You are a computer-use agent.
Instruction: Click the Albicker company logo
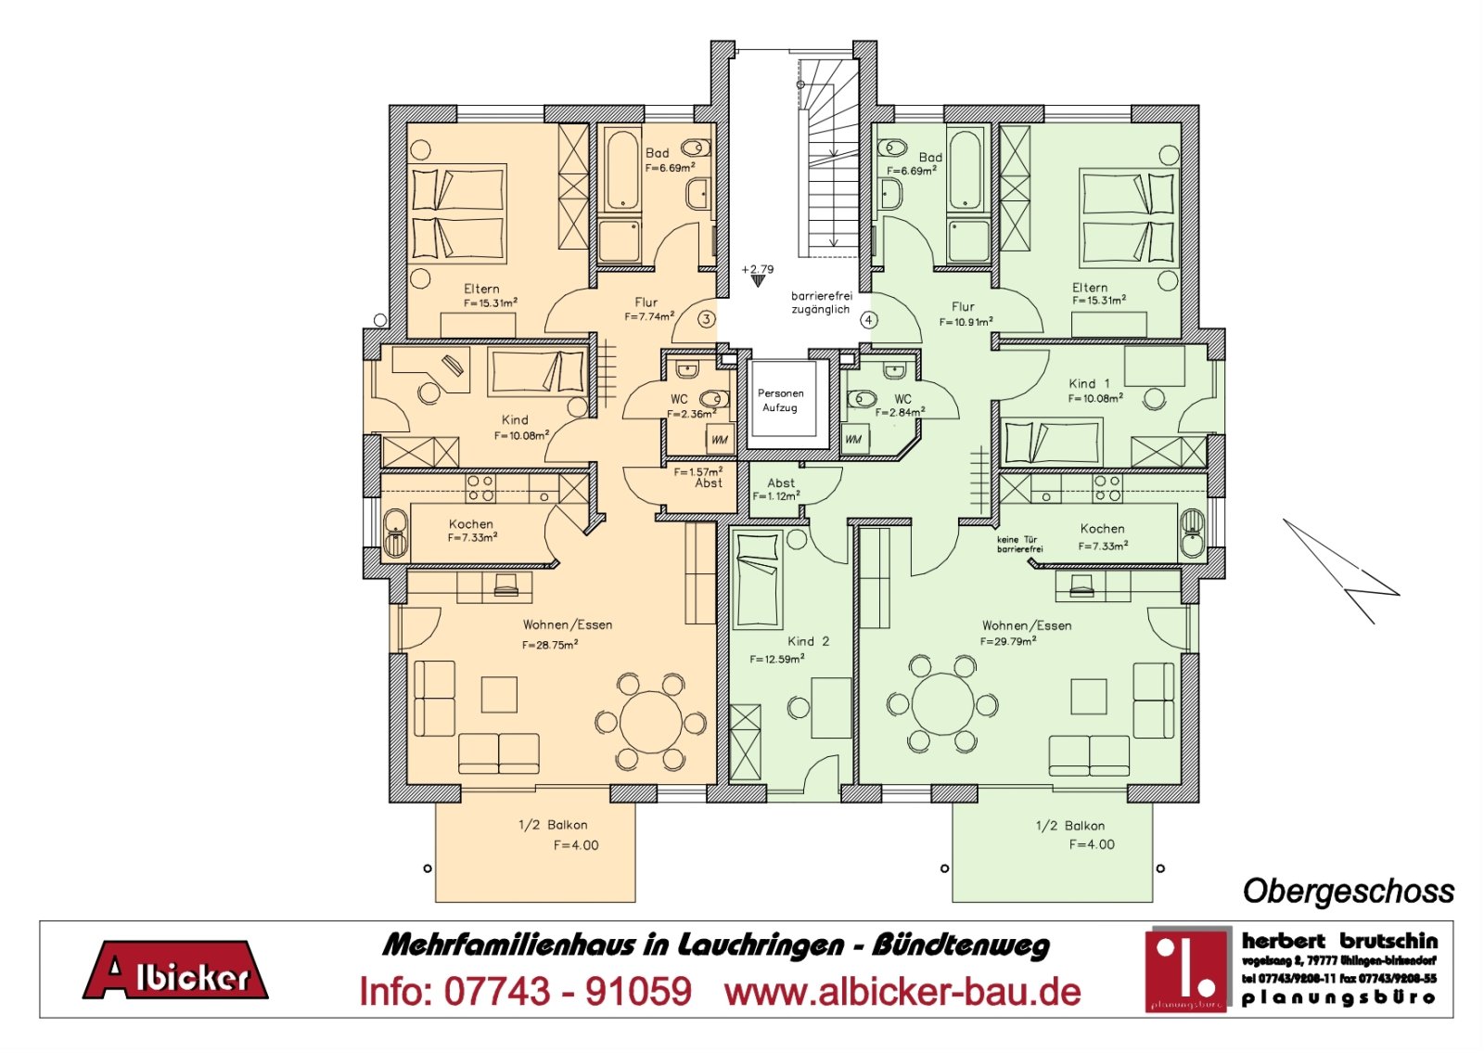point(175,971)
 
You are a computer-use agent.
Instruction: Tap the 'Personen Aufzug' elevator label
point(780,401)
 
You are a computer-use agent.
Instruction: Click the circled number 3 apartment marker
point(707,319)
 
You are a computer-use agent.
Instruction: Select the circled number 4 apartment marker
point(868,320)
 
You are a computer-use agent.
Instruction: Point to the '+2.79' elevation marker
point(758,271)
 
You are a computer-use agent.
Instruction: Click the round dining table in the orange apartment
point(651,722)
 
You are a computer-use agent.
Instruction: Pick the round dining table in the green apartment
point(942,703)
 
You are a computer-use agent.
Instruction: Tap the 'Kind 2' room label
point(808,641)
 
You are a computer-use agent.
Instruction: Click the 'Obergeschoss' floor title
point(1348,891)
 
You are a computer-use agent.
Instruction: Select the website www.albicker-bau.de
point(902,992)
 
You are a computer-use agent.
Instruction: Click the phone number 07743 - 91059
point(525,992)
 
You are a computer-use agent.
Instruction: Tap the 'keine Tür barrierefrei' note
point(1019,545)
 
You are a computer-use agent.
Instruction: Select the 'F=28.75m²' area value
point(550,645)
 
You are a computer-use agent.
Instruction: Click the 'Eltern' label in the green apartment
point(1090,288)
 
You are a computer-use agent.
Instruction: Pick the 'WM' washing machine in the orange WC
point(720,439)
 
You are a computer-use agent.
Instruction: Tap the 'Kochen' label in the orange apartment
point(471,524)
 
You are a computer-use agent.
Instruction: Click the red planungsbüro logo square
point(1186,968)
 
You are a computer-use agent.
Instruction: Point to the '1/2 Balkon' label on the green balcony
point(1069,826)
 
